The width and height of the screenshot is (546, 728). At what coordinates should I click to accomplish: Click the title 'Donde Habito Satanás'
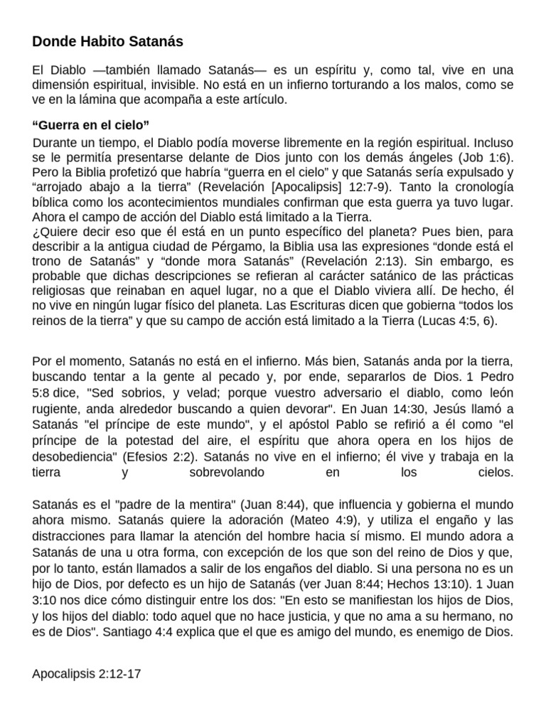pyautogui.click(x=107, y=42)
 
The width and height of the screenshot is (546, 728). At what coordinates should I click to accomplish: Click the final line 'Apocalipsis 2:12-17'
pyautogui.click(x=87, y=672)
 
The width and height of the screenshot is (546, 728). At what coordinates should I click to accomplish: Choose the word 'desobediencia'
pyautogui.click(x=75, y=456)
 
